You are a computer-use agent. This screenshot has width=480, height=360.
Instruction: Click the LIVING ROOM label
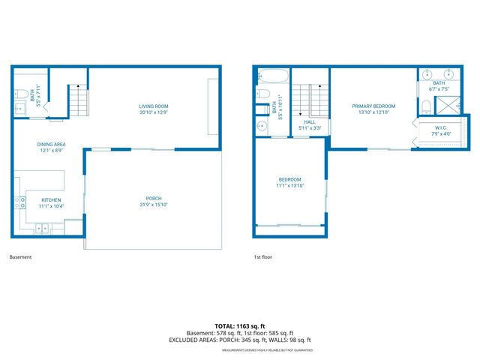tap(153, 106)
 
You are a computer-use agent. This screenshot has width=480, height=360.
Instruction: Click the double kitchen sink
tap(42, 227)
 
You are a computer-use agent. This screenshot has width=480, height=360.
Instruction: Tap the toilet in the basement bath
tap(19, 96)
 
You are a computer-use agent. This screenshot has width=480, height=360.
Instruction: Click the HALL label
tap(309, 122)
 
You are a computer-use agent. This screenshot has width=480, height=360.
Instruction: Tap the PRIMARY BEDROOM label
tap(373, 106)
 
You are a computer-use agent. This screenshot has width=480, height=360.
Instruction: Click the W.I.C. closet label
tap(441, 128)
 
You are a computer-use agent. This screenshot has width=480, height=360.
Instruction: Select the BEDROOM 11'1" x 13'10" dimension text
tap(290, 186)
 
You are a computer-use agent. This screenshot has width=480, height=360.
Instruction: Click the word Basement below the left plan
tap(20, 257)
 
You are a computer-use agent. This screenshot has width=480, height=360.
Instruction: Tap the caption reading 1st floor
tap(262, 257)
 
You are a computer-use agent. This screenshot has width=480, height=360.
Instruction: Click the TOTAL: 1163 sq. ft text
tap(240, 326)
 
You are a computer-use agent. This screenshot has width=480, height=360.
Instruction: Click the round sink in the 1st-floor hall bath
tap(263, 125)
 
